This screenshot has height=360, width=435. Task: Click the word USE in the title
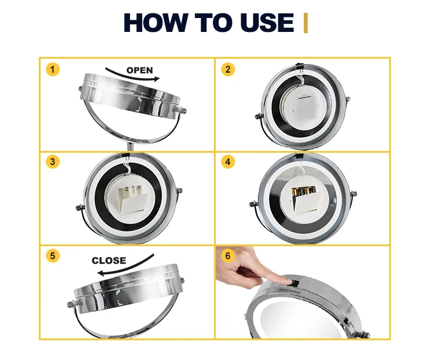pyautogui.click(x=267, y=23)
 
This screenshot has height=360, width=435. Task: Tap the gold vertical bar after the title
pyautogui.click(x=306, y=23)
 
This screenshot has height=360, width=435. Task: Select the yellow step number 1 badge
pyautogui.click(x=53, y=69)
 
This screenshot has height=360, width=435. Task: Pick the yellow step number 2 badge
pyautogui.click(x=228, y=69)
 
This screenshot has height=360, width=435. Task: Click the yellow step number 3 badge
pyautogui.click(x=53, y=161)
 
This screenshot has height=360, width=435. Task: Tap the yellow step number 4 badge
pyautogui.click(x=228, y=161)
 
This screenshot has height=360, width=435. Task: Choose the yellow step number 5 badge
pyautogui.click(x=53, y=255)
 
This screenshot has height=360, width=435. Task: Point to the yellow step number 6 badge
pyautogui.click(x=228, y=255)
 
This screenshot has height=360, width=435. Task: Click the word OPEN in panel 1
pyautogui.click(x=140, y=70)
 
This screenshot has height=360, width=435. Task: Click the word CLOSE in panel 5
pyautogui.click(x=109, y=261)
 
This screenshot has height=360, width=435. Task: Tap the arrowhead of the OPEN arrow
pyautogui.click(x=157, y=79)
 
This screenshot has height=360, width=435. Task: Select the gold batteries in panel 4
pyautogui.click(x=302, y=192)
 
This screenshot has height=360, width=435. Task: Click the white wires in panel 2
pyautogui.click(x=300, y=79)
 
